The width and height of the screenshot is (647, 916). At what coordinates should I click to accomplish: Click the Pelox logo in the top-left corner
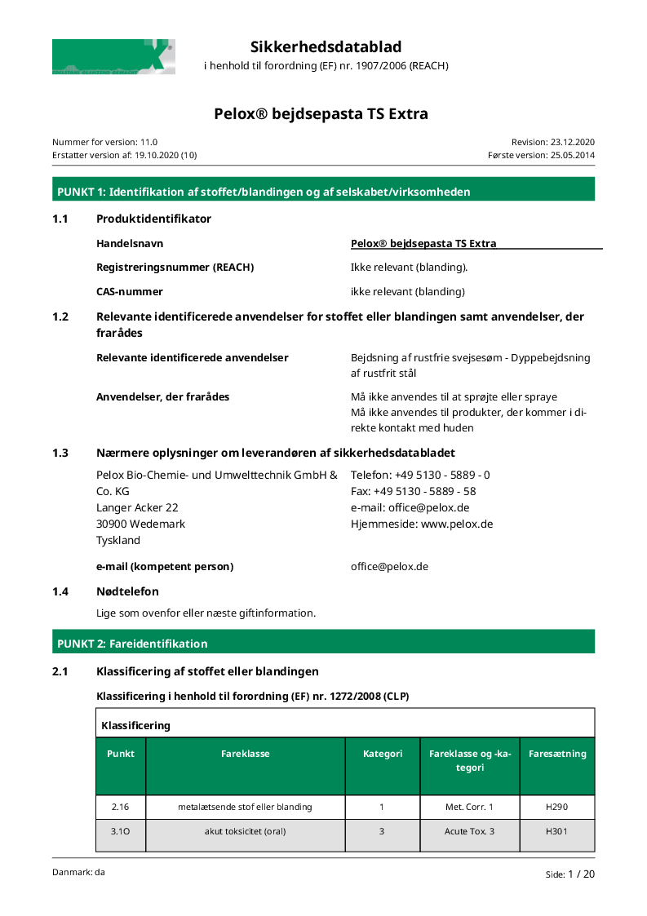click(x=113, y=56)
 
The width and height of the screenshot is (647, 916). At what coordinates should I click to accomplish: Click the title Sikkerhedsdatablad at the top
click(x=326, y=46)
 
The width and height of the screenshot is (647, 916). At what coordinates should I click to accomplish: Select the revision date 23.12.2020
click(x=573, y=141)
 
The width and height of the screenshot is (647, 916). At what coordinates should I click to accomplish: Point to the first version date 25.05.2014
click(x=573, y=154)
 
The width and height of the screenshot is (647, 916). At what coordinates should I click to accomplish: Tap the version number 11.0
click(x=148, y=141)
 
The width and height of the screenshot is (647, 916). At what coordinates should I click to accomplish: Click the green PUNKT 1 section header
click(x=323, y=192)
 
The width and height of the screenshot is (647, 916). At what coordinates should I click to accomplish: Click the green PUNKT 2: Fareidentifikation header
click(x=323, y=644)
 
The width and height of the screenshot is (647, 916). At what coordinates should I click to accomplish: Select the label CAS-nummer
click(x=130, y=291)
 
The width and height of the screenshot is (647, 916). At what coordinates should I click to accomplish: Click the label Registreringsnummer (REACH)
click(x=175, y=267)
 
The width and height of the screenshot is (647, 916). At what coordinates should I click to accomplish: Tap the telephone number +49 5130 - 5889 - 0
click(x=442, y=475)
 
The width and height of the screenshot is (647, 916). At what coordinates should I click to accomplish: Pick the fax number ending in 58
click(x=424, y=491)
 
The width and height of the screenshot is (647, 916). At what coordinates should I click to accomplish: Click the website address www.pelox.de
click(x=457, y=524)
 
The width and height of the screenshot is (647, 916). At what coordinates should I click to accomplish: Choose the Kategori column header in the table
click(x=383, y=754)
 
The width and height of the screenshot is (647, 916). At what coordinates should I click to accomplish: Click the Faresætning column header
click(x=557, y=754)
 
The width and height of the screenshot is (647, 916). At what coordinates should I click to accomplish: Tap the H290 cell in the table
click(x=557, y=807)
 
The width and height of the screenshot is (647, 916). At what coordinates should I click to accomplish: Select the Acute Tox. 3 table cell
click(x=469, y=831)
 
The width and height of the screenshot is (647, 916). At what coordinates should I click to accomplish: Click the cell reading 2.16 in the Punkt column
click(x=120, y=807)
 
